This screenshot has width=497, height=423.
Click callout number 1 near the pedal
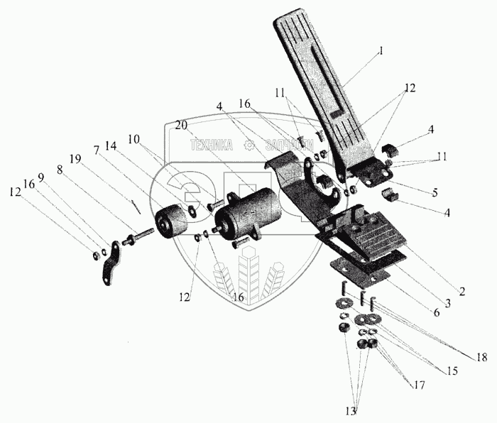point(381,52)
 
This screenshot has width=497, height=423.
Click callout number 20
point(182,124)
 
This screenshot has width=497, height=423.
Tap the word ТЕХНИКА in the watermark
point(211,145)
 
